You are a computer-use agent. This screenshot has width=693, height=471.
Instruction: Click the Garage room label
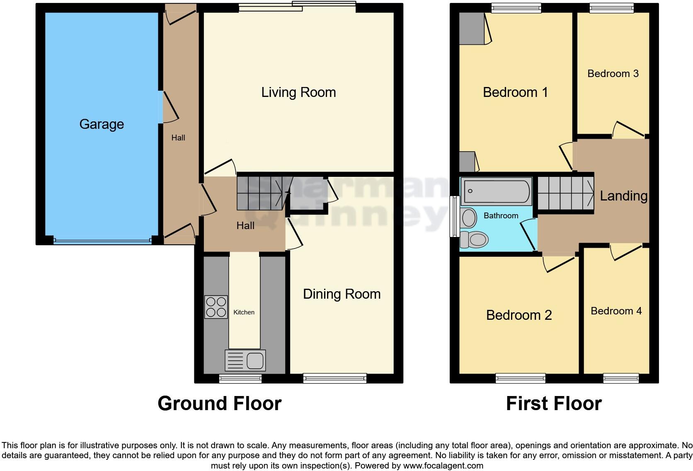(102, 124)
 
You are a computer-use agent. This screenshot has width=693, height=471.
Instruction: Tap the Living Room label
(298, 92)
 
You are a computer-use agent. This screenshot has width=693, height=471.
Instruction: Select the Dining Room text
(342, 294)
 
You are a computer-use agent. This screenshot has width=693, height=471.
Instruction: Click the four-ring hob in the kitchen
(216, 307)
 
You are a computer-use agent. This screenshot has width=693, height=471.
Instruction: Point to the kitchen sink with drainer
(245, 360)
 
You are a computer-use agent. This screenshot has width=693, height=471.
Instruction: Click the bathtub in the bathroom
(496, 191)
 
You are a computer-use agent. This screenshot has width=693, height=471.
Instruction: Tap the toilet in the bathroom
(475, 239)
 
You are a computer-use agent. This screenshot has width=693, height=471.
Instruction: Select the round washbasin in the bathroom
(469, 218)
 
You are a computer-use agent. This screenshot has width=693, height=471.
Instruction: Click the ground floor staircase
(261, 193)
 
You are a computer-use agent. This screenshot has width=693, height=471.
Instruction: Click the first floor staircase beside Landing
(566, 193)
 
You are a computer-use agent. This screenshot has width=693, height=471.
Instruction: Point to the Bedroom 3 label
(613, 74)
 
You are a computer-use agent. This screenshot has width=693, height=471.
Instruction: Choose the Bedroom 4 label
(616, 311)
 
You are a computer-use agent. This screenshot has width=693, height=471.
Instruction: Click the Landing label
(623, 196)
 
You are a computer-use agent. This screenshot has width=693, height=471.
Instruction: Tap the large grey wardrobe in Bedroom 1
(472, 28)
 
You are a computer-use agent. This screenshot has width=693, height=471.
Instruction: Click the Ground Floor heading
(219, 403)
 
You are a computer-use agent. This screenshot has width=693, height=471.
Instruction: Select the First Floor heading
(553, 403)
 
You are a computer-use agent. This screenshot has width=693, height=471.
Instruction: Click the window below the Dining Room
(335, 377)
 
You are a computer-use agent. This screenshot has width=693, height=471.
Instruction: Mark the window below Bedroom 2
(521, 377)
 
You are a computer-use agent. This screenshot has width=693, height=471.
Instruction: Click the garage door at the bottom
(102, 240)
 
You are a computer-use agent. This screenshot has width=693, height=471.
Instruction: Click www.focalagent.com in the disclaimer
(443, 466)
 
